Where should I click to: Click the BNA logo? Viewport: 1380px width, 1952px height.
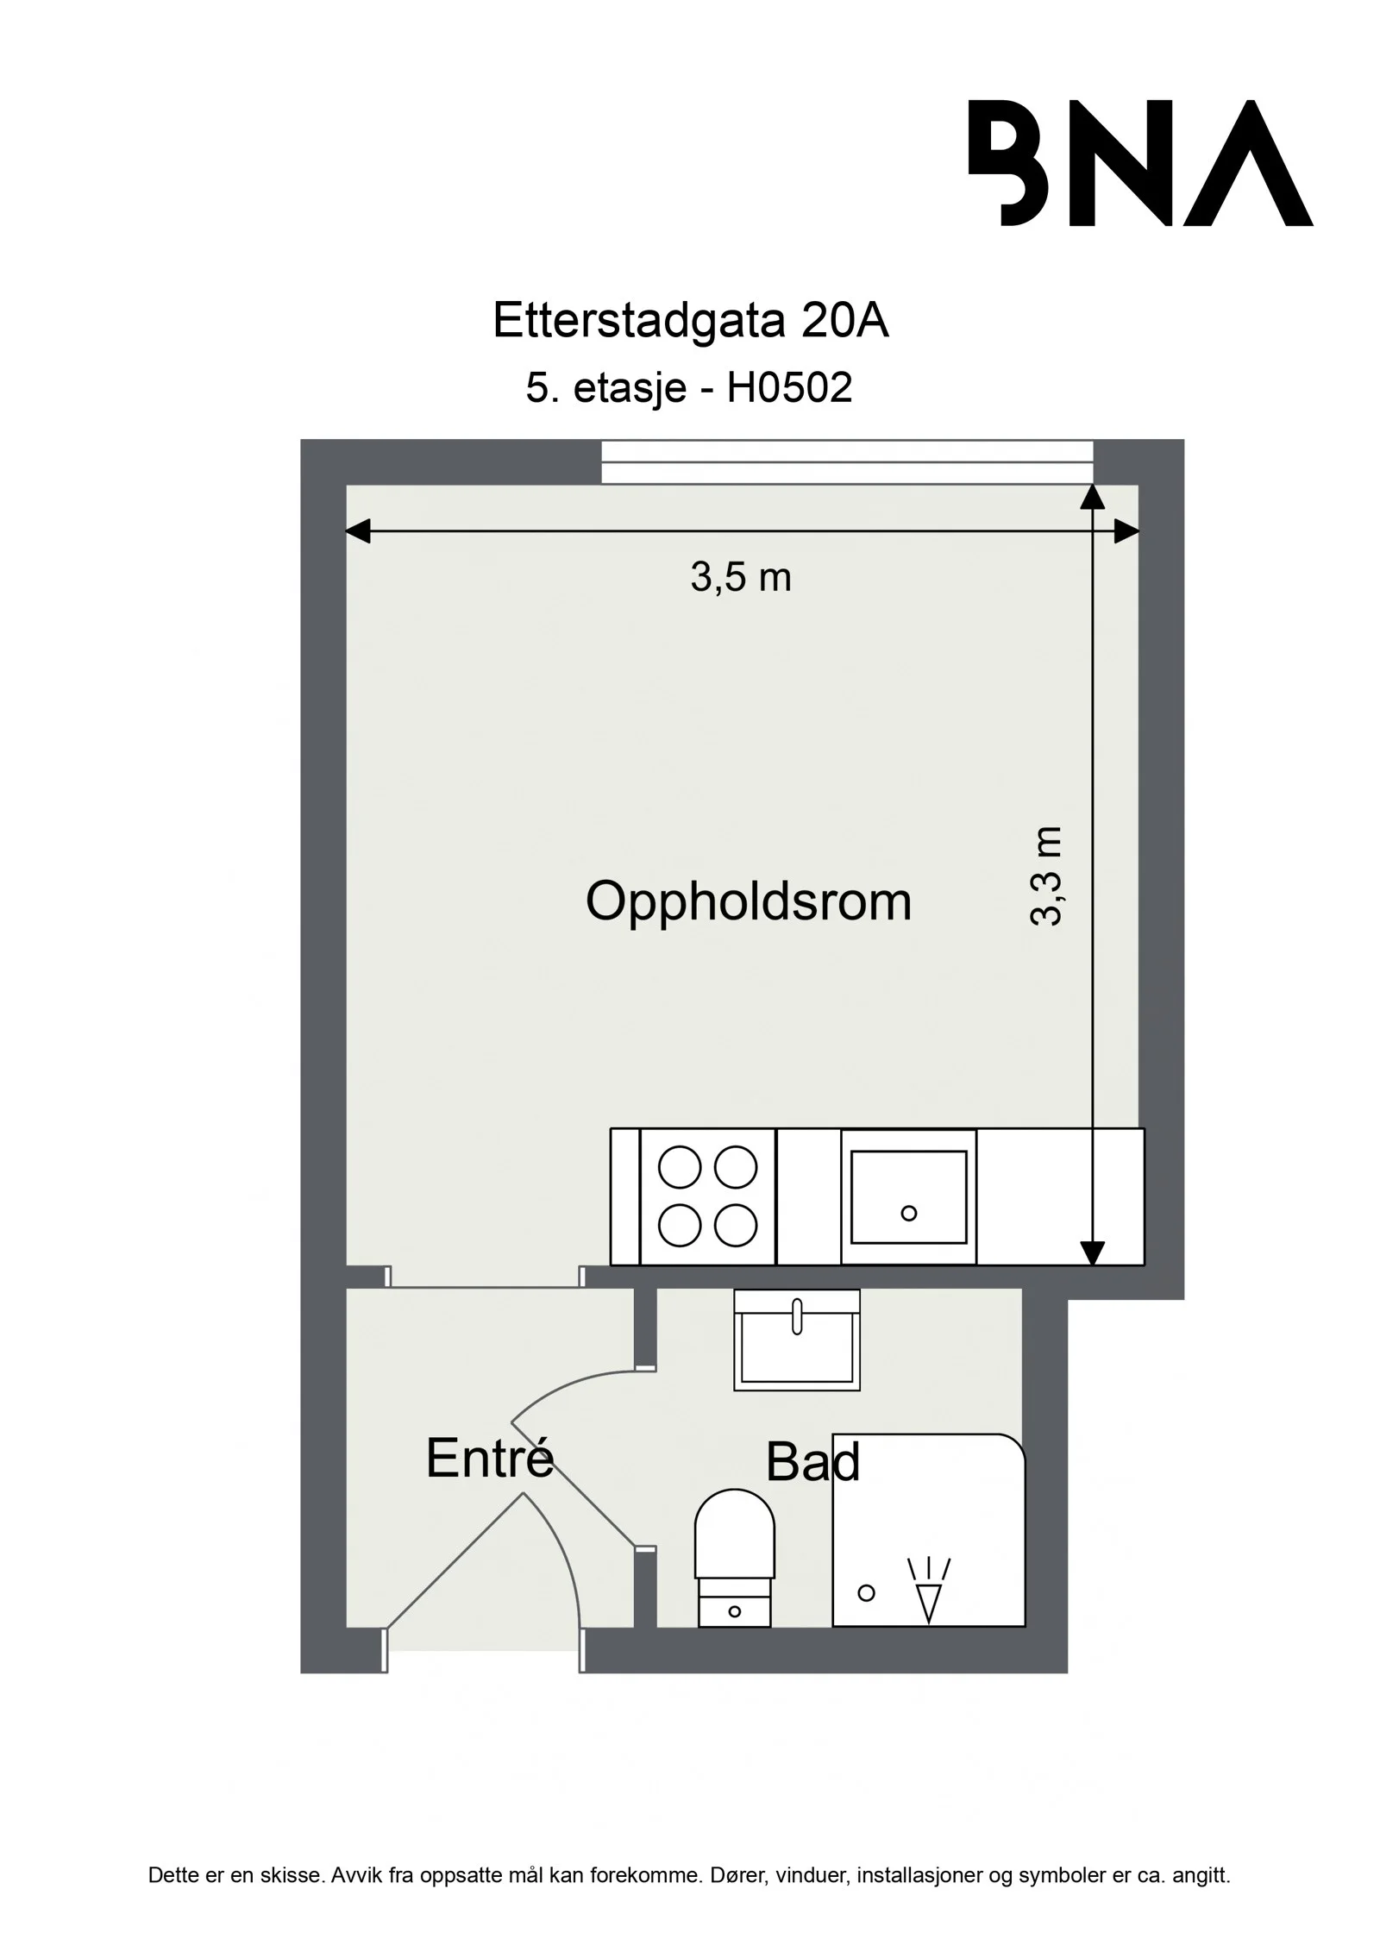coord(1140,163)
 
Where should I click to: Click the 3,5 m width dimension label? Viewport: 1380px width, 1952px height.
coord(741,577)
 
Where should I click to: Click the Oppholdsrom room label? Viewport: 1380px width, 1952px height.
coord(749,903)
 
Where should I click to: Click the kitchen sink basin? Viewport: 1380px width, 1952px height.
coord(908,1196)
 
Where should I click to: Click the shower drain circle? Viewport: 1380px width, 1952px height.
coord(867,1593)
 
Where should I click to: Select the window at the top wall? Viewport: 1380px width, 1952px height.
coord(847,461)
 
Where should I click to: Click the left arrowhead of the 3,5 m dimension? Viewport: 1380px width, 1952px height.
coord(358,531)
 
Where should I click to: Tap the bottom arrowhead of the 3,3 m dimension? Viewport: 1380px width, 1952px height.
coord(1093,1252)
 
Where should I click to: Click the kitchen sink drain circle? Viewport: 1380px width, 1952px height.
coord(908,1214)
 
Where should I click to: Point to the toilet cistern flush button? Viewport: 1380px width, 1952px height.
coord(735,1611)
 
